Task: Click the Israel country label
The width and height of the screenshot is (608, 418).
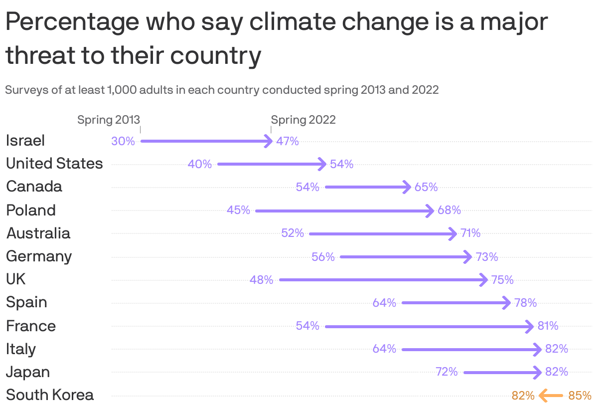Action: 25,141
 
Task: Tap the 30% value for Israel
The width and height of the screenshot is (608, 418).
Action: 123,141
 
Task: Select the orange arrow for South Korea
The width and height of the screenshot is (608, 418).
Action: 551,396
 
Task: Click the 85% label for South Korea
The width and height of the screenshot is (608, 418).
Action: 580,396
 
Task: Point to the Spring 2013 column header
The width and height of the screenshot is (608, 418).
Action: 109,120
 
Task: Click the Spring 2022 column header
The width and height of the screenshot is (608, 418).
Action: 303,120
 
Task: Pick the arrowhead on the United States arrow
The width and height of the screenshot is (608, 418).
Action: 322,164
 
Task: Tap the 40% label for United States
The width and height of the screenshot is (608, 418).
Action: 200,164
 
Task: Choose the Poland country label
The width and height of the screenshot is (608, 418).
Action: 31,210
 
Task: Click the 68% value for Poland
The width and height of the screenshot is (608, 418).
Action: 449,210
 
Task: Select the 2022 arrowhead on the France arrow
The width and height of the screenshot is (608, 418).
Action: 530,327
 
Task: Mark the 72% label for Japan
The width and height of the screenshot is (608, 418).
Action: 447,372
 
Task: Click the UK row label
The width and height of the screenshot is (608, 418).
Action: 16,279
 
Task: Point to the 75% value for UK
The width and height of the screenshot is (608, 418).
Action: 502,280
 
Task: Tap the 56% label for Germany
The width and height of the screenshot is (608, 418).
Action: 323,257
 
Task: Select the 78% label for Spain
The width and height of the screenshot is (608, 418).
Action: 525,303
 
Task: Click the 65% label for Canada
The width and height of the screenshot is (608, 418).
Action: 426,187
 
